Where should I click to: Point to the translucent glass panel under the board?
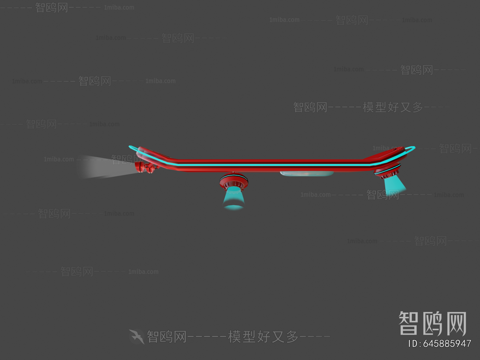[307, 174]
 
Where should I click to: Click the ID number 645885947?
[447, 343]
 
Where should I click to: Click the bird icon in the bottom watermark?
[137, 337]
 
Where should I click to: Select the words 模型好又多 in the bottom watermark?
[263, 337]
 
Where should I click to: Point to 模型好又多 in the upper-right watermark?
[393, 107]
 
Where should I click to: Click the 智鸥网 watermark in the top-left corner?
[52, 7]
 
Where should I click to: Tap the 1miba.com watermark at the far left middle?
[58, 159]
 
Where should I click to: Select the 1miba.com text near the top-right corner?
[417, 20]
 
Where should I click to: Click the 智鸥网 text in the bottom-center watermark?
[166, 337]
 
